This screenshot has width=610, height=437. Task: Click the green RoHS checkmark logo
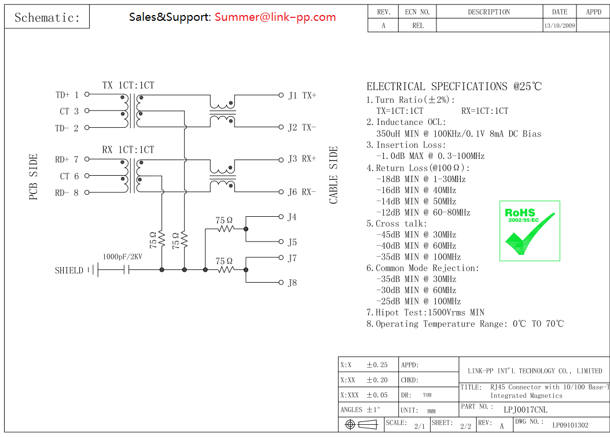point(530,231)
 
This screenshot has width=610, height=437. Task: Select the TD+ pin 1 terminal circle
point(87,94)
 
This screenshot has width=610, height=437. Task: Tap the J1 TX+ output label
point(302,95)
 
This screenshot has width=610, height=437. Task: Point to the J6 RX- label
point(302,192)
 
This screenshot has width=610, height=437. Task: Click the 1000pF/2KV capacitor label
point(122,256)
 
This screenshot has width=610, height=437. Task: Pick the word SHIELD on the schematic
point(69,270)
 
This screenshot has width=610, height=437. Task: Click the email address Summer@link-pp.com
point(275,17)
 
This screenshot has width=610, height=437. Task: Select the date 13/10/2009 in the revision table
point(560,26)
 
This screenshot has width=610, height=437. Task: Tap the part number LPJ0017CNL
point(525,409)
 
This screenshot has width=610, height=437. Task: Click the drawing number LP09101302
point(570,425)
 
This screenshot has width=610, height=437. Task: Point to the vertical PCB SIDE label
point(34,177)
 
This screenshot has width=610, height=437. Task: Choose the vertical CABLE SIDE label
point(334,175)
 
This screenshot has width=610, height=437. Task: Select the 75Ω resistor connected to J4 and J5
point(225,229)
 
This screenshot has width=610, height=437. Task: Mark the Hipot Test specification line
point(425,313)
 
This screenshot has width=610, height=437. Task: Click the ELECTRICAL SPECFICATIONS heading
point(454,87)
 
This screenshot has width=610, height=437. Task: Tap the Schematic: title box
point(47,17)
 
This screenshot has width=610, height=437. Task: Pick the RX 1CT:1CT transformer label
point(128,150)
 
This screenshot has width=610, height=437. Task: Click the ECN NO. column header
point(417,12)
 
